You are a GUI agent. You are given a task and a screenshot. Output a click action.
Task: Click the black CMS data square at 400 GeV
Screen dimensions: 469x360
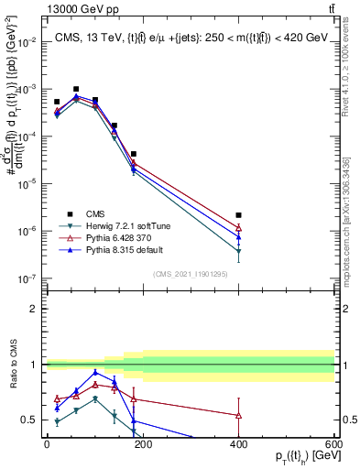(238, 215)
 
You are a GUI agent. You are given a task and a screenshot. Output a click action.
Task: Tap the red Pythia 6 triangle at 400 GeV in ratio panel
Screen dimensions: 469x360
(238, 415)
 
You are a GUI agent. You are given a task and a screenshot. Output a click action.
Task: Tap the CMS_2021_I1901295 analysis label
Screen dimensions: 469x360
(191, 274)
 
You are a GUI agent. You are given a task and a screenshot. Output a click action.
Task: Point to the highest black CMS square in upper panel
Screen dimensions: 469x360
(76, 90)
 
